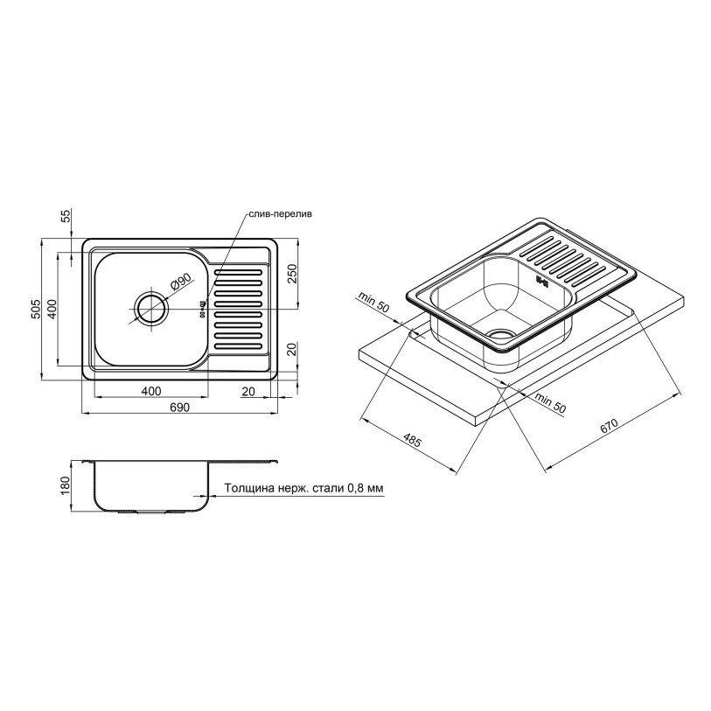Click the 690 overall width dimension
point(179,408)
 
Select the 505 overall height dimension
point(36,309)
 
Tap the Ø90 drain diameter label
point(181,282)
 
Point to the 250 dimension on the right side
point(292,274)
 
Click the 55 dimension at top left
point(66,216)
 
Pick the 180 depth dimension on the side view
point(66,485)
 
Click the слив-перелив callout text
point(280,214)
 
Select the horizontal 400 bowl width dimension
point(151,391)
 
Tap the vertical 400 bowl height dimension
point(52,310)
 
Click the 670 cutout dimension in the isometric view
point(609,427)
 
